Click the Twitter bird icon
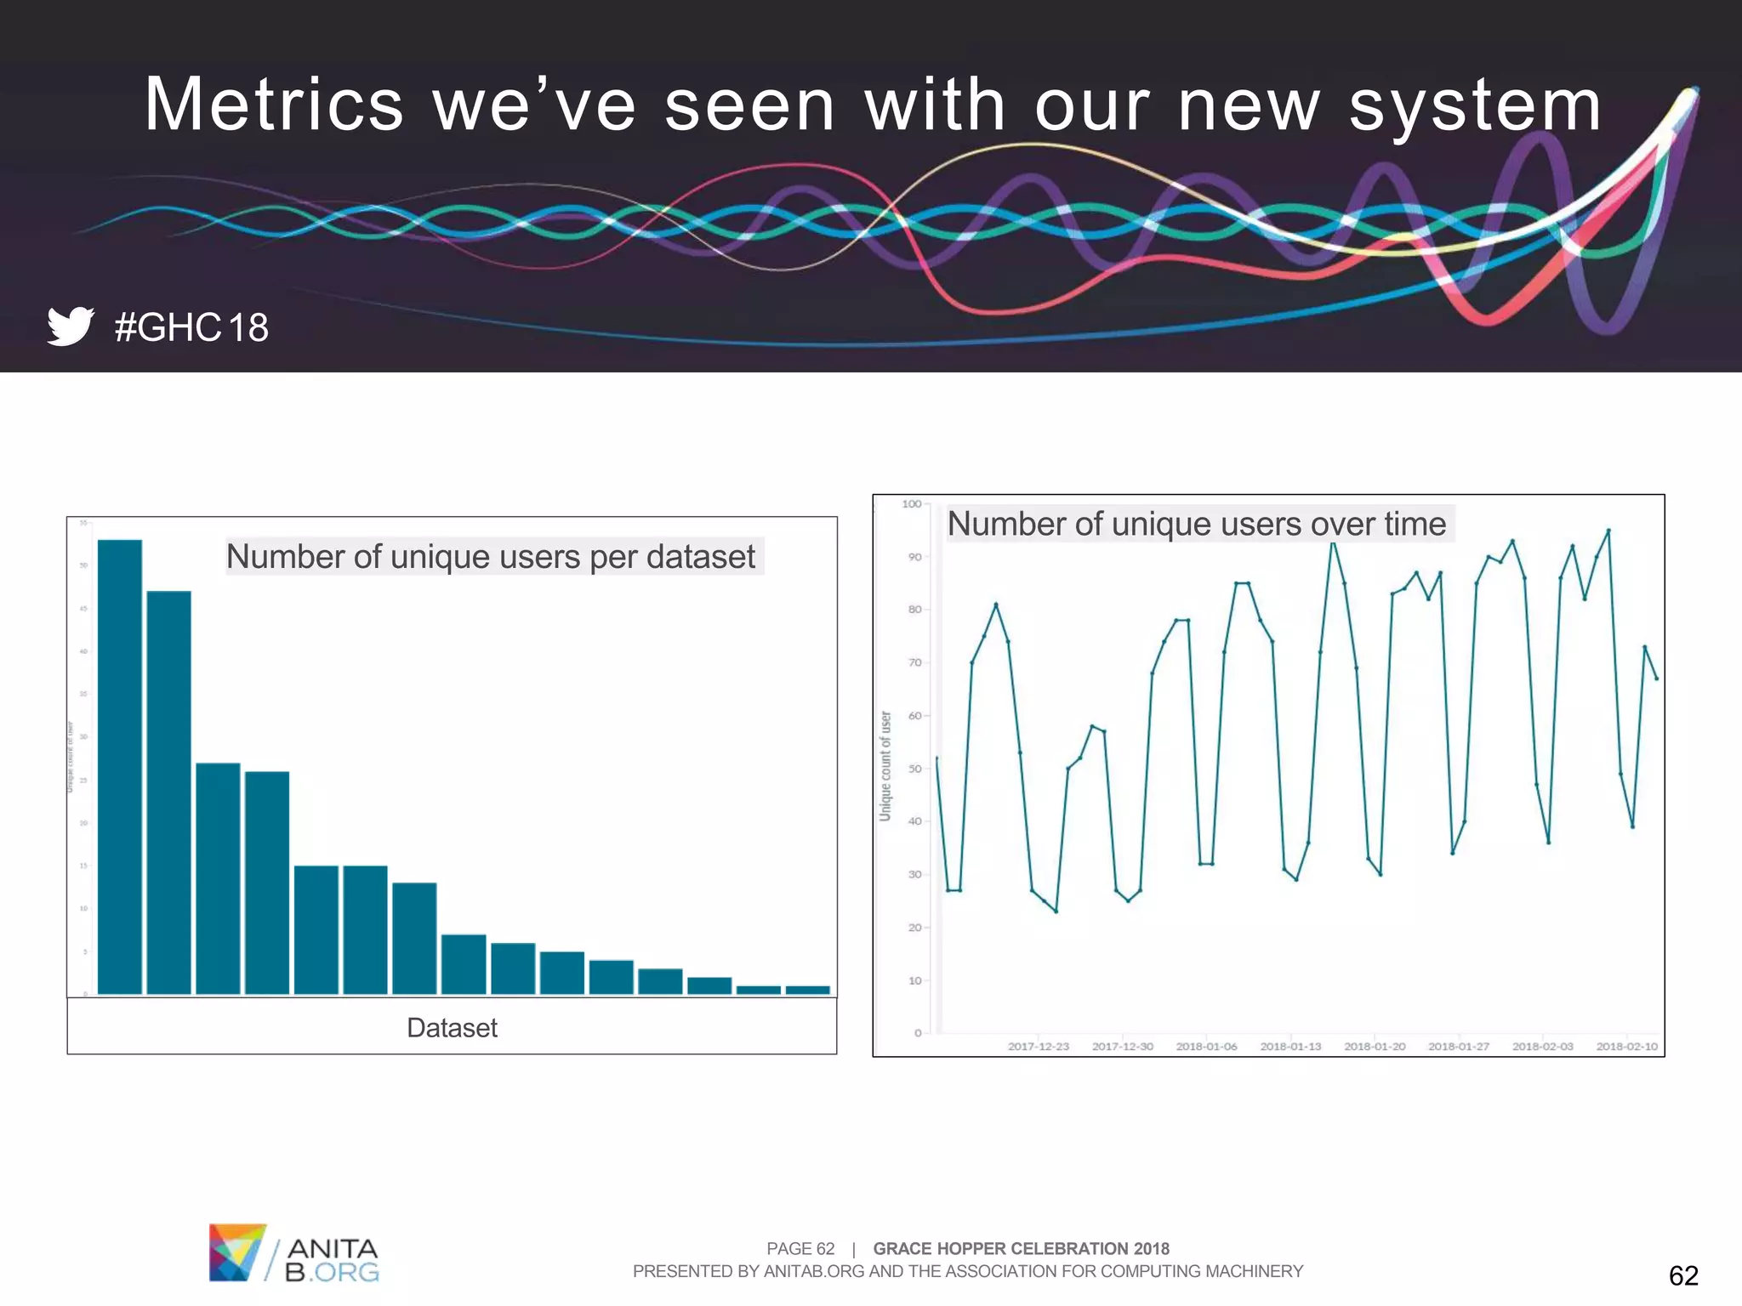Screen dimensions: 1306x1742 70,326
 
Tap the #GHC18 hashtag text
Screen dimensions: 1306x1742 191,327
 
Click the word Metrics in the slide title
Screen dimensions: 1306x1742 273,105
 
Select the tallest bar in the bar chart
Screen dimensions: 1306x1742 120,765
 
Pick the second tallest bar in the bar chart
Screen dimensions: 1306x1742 168,791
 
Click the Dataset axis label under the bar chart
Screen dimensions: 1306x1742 452,1027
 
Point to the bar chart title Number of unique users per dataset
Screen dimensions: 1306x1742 491,556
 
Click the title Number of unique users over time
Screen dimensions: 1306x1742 1196,524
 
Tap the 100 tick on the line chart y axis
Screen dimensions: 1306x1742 911,504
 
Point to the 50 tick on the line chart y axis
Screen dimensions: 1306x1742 914,769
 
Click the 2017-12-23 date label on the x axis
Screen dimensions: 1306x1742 1038,1046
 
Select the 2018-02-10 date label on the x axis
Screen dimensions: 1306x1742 1626,1046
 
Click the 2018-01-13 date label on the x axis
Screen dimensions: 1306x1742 1290,1046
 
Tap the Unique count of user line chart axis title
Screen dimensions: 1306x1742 885,765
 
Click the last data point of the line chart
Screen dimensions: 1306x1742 1656,679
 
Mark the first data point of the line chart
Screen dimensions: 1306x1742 936,758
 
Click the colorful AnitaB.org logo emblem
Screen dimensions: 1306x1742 237,1252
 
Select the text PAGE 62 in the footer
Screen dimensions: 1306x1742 800,1248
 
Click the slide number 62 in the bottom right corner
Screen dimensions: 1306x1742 1682,1275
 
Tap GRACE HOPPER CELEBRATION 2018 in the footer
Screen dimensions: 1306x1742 1021,1248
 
